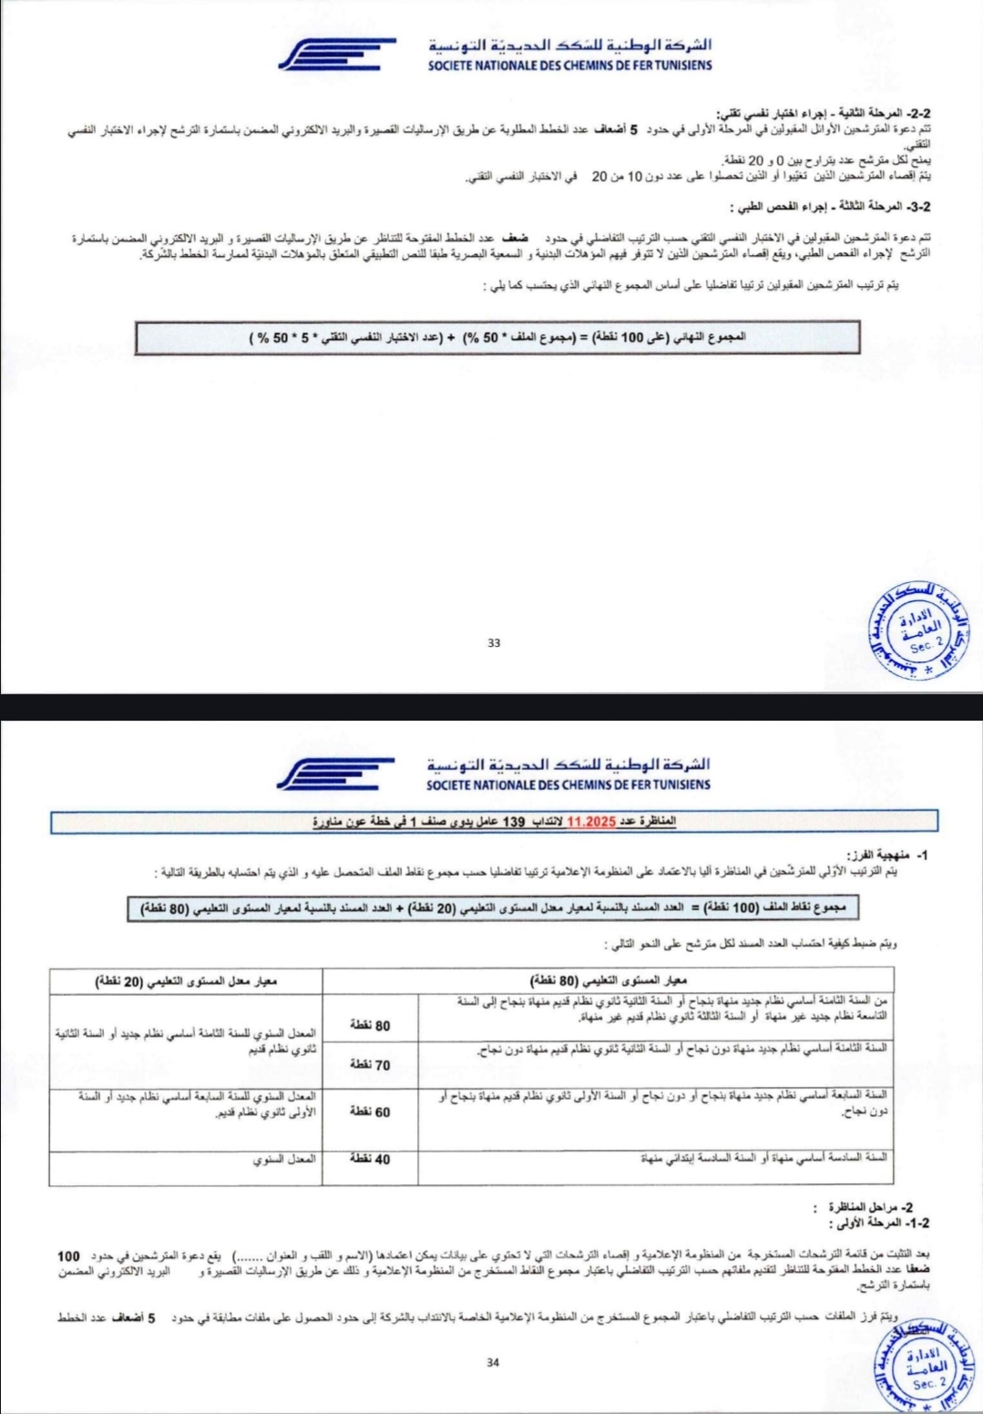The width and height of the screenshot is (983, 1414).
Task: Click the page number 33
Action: pos(494,643)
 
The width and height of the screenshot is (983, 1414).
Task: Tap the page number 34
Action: pos(493,1363)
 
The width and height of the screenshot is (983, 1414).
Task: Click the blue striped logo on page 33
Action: pos(337,55)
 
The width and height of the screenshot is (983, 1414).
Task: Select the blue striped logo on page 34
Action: pos(335,774)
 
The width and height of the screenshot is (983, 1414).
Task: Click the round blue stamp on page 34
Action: pos(919,1367)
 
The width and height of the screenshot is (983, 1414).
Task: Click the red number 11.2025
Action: pos(591,822)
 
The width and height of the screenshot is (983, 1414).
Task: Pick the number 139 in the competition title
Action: pos(515,822)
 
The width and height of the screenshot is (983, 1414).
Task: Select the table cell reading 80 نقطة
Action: pos(370,1026)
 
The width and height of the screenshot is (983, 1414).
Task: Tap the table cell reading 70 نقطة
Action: pos(370,1064)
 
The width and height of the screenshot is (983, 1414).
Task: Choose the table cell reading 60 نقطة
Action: pos(370,1112)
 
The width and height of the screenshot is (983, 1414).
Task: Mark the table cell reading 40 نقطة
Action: pos(370,1160)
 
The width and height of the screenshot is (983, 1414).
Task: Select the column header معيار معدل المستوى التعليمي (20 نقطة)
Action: pos(187,981)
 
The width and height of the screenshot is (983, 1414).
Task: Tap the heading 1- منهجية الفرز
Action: pos(888,856)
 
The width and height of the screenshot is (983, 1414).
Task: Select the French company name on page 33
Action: pos(569,65)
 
